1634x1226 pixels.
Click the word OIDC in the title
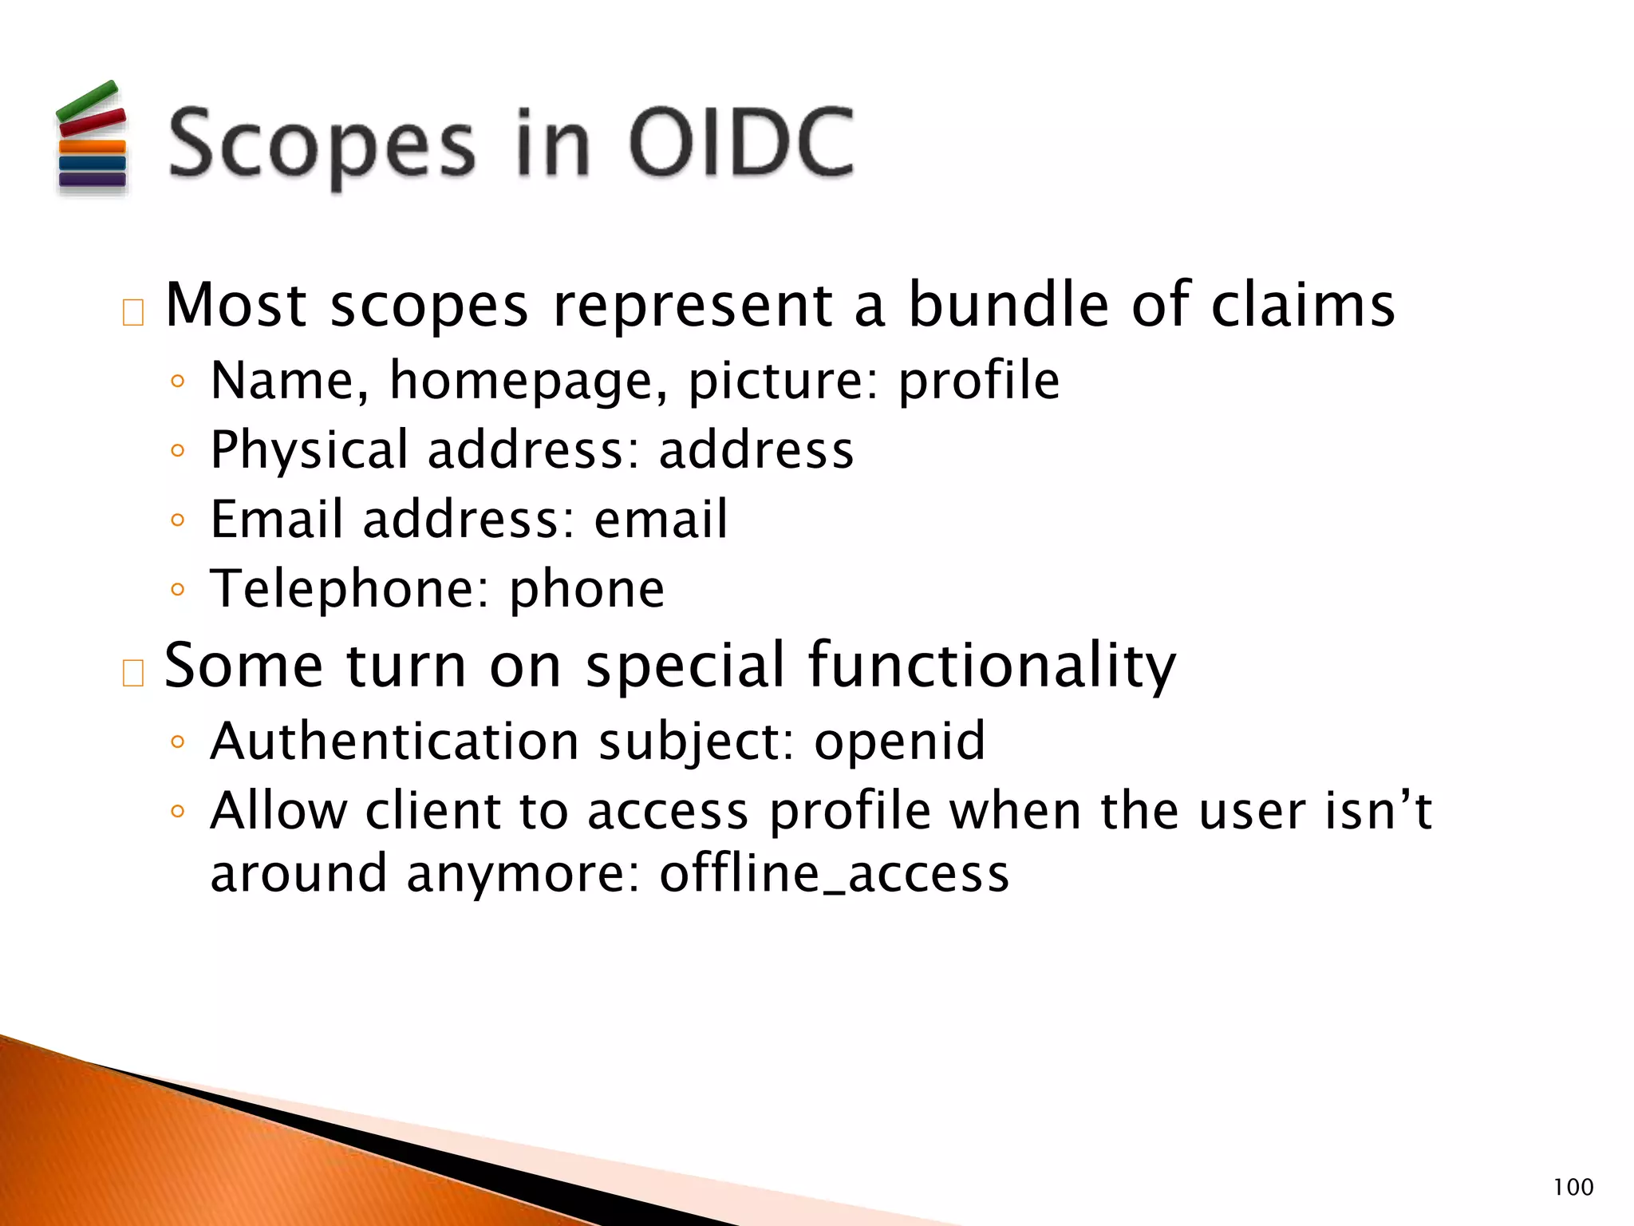(x=740, y=144)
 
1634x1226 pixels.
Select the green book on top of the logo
(x=87, y=100)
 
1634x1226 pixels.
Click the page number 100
(x=1573, y=1187)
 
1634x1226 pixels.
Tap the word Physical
(x=309, y=450)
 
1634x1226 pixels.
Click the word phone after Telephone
(x=586, y=591)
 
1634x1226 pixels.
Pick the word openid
(x=899, y=742)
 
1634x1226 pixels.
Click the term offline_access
(x=834, y=873)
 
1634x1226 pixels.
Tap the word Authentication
(x=394, y=742)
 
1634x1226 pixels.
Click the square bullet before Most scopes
(x=132, y=313)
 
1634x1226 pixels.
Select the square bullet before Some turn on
(x=132, y=673)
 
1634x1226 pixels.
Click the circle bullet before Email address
(x=177, y=520)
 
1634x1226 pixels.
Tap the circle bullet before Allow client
(x=177, y=812)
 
